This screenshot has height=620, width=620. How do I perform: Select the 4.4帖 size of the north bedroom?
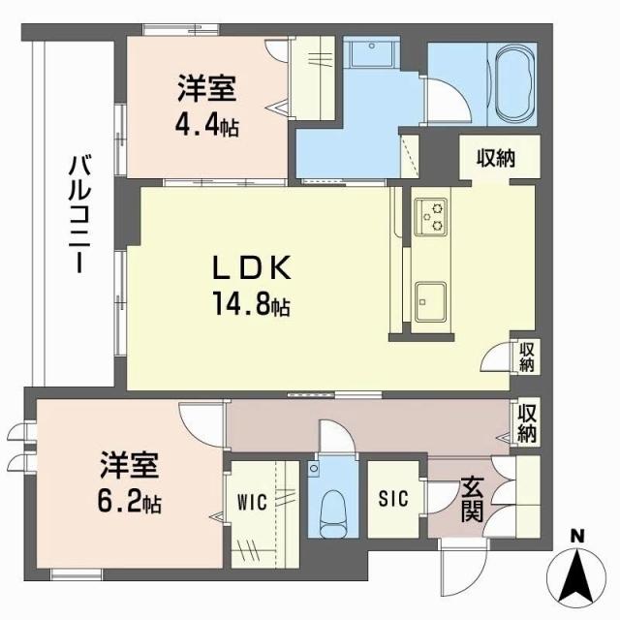pos(207,126)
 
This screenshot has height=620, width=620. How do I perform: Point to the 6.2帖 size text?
pos(129,503)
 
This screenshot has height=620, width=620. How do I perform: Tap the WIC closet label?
pos(251,504)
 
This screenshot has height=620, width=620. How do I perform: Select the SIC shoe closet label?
pos(393,498)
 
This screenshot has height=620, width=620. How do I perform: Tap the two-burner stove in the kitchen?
pos(429,216)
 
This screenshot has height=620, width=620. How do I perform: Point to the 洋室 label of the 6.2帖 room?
pos(128,466)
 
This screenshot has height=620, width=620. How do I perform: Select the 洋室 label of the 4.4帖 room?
pos(207,90)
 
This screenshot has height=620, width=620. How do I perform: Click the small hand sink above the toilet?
pos(314,470)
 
